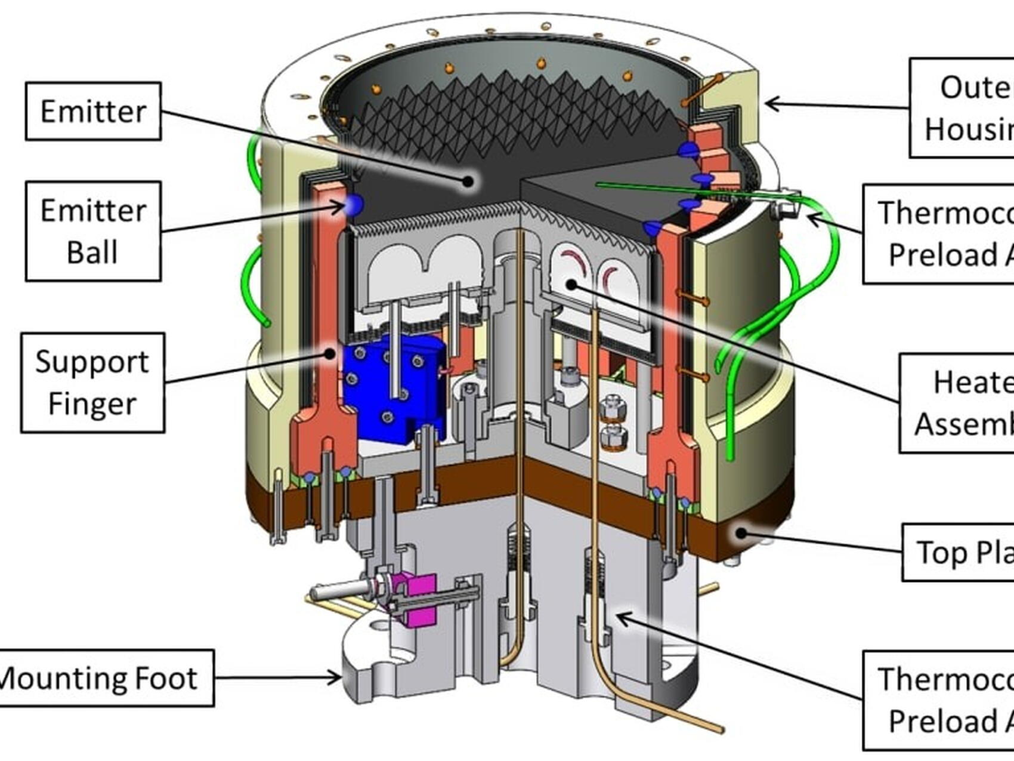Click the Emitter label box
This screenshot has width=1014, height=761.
(x=93, y=112)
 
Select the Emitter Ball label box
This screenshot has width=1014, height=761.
(x=93, y=231)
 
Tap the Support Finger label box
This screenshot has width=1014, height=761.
(x=92, y=383)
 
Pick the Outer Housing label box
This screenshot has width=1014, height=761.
(x=962, y=108)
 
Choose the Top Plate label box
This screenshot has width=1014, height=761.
(x=958, y=552)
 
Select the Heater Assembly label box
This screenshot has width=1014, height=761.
(x=957, y=403)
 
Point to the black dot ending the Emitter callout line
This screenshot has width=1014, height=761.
(x=469, y=181)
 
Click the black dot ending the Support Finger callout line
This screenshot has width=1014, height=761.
(x=329, y=353)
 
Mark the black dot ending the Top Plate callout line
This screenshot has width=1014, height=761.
(x=741, y=532)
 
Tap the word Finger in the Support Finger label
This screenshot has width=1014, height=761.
(x=92, y=404)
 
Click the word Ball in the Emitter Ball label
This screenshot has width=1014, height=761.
(x=92, y=252)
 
